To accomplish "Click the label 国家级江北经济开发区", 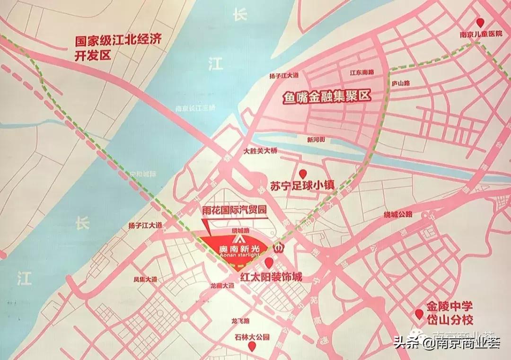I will pyautogui.click(x=118, y=47).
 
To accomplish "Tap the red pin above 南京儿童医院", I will pyautogui.click(x=481, y=22).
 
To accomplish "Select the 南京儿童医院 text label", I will pyautogui.click(x=480, y=35).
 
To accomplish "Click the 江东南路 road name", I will pyautogui.click(x=361, y=72).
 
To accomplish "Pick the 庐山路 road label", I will pyautogui.click(x=400, y=83).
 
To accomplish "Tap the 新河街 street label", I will pyautogui.click(x=316, y=140).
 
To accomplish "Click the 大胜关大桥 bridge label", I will pyautogui.click(x=260, y=151).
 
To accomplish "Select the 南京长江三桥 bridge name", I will pyautogui.click(x=195, y=108).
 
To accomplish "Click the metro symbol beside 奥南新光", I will pyautogui.click(x=279, y=247).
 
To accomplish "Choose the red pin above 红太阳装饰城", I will pyautogui.click(x=269, y=263).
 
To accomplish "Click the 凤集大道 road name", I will pyautogui.click(x=145, y=279).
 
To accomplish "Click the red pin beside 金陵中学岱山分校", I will pyautogui.click(x=419, y=314).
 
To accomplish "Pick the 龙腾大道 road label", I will pyautogui.click(x=222, y=286).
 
